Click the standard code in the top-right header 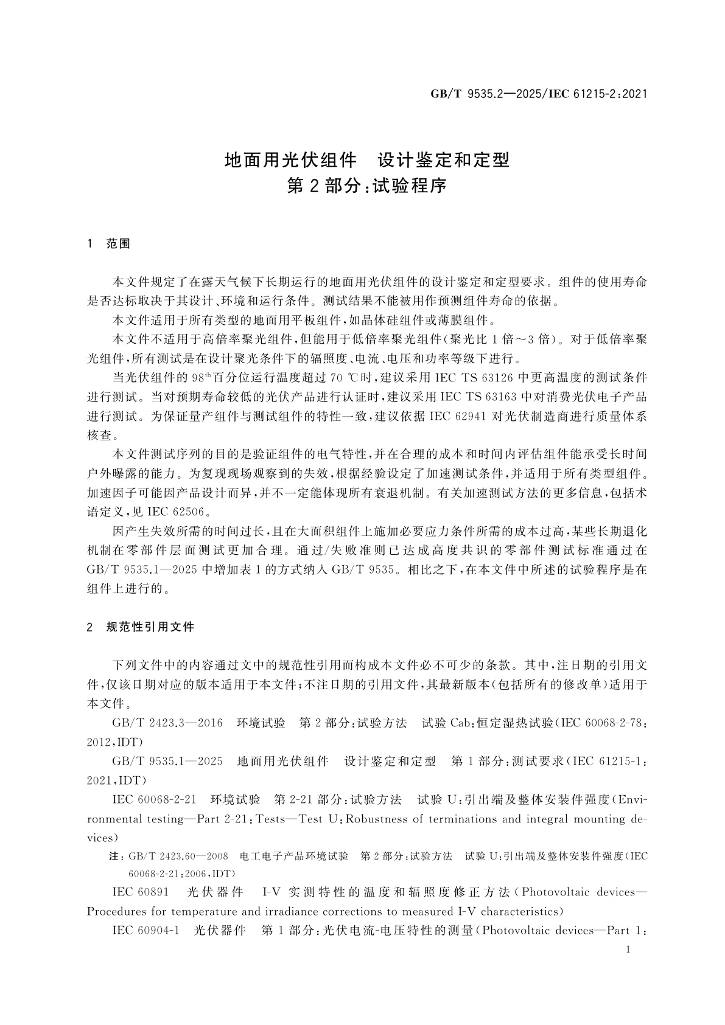pos(538,94)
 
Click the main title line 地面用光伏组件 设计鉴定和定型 pos(367,160)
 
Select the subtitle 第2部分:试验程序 pos(367,186)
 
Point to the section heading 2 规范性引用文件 pos(141,627)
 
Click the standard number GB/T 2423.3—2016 pos(167,723)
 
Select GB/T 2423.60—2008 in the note pos(178,856)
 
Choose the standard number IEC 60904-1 pos(146,931)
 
